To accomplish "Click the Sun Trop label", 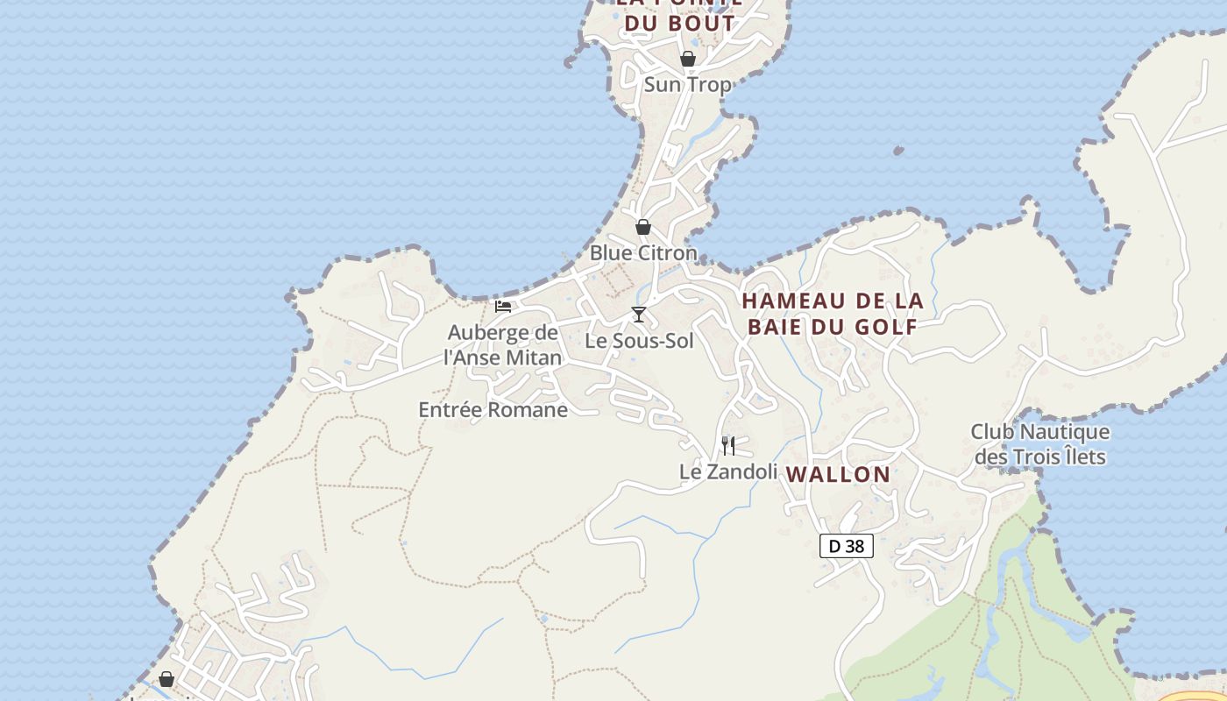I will (687, 85).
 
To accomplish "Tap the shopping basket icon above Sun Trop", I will (688, 59).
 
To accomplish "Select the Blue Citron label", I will (643, 253).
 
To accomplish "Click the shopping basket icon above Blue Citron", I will (643, 227).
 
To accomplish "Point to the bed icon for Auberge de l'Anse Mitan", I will (503, 307).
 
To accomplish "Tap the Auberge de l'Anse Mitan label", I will (502, 345).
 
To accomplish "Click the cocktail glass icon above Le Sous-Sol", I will (639, 315).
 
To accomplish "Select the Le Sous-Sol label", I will (639, 341).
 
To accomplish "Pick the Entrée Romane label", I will (493, 409).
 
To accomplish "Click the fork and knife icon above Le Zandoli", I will (728, 446).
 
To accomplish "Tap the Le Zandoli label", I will (728, 471).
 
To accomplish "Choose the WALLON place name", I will (838, 474).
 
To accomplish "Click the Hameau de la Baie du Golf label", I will (833, 314).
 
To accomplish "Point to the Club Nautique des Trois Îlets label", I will (1040, 444).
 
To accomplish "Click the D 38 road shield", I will (847, 546).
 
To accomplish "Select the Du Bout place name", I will (679, 23).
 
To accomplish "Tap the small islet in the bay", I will (898, 151).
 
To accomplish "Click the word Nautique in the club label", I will (1068, 432).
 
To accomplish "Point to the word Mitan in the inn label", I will (533, 358).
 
